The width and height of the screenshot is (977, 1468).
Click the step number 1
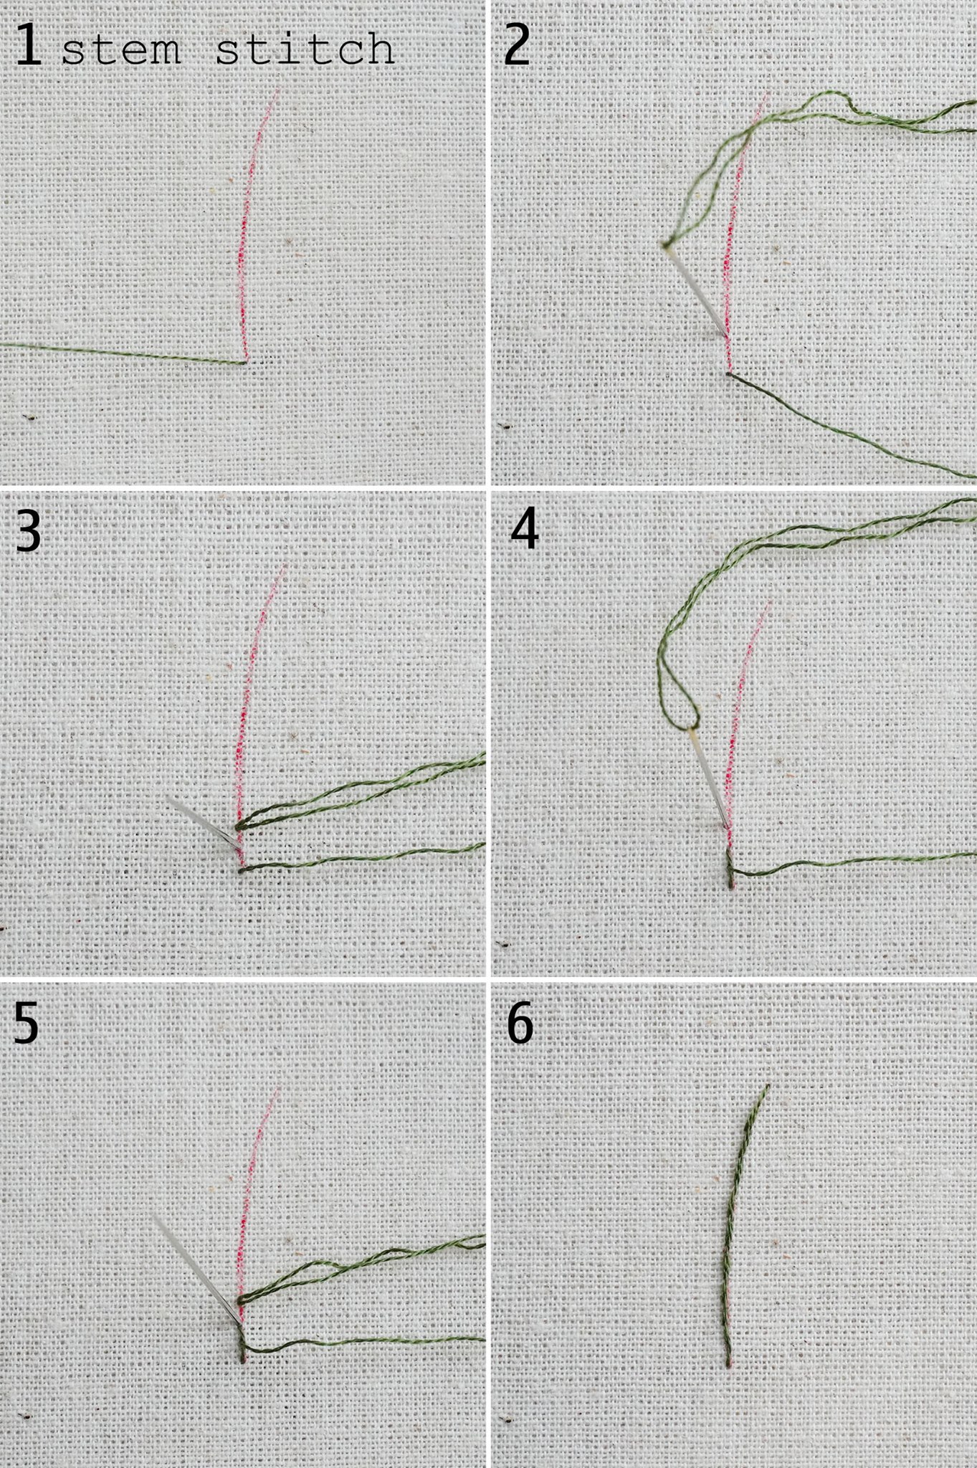[29, 46]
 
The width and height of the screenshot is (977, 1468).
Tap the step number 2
[517, 46]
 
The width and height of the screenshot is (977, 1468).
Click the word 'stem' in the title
[121, 50]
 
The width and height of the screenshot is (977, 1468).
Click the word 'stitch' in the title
[305, 49]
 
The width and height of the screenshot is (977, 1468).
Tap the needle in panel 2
[696, 290]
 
